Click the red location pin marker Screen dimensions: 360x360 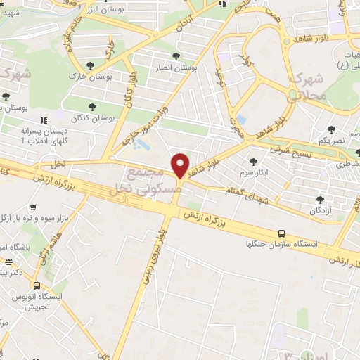pos(181,165)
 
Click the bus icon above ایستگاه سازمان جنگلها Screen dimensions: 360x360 pos(281,233)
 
